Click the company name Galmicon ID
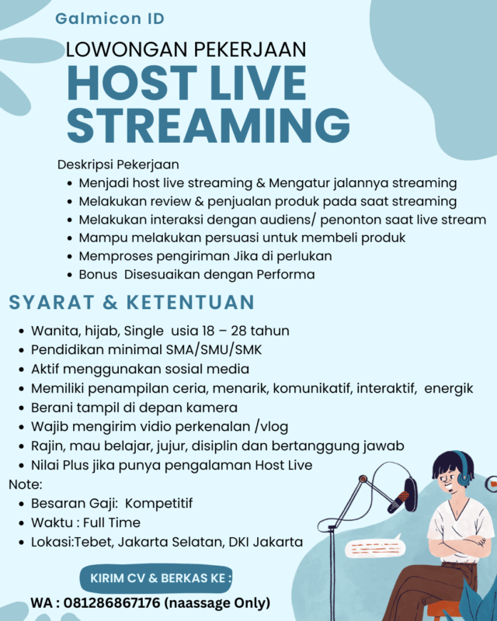click(109, 19)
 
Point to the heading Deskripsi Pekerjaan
click(118, 165)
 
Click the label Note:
click(24, 484)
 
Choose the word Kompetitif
click(162, 504)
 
